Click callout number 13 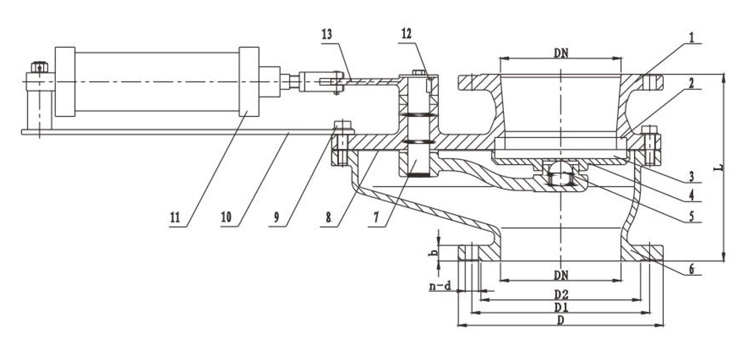pos(327,35)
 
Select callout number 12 pos(406,34)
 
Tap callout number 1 pos(691,37)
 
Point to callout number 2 pos(691,82)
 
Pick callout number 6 pos(691,269)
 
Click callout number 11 pos(175,218)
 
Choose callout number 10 pos(226,218)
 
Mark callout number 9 pos(276,218)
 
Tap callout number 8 pos(328,218)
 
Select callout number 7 pos(376,218)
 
